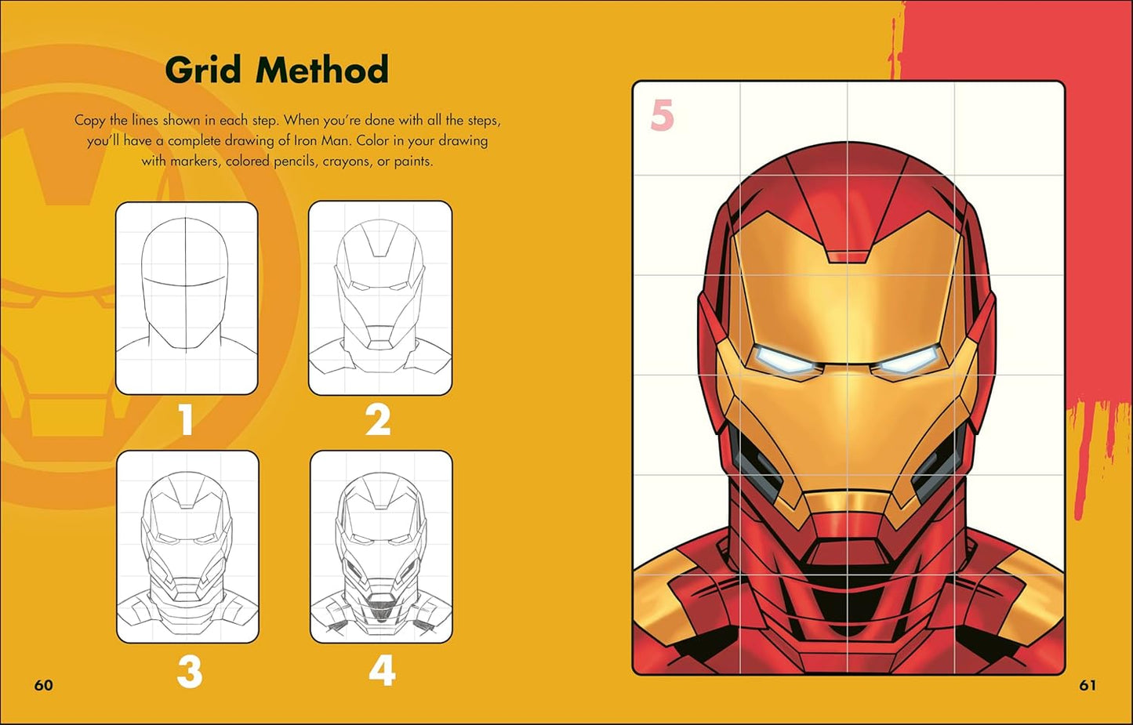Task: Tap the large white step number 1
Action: coord(186,420)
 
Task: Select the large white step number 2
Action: coord(378,420)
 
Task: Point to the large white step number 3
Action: coord(189,672)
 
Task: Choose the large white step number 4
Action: coord(382,671)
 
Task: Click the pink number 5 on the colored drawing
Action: coord(662,116)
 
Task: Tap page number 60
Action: coord(44,685)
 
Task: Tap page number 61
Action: coord(1088,685)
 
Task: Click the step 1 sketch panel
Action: coord(187,298)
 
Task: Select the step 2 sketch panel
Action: coord(380,298)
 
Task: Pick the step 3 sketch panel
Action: coord(188,547)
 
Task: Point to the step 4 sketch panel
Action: coord(381,547)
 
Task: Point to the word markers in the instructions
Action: coord(195,161)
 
